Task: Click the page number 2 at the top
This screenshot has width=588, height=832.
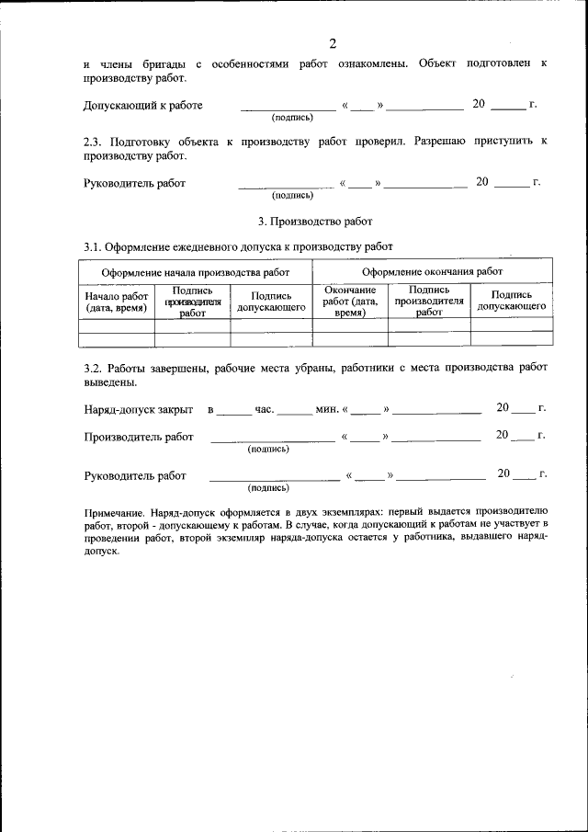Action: [x=333, y=43]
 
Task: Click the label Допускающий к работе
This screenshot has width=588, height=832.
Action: [x=142, y=106]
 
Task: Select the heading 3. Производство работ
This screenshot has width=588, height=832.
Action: [x=315, y=221]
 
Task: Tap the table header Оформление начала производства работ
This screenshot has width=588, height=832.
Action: [x=195, y=272]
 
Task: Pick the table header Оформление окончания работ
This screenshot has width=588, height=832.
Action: [x=432, y=272]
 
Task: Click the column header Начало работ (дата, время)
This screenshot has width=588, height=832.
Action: [x=116, y=302]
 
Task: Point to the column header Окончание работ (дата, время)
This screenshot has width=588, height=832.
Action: [x=350, y=302]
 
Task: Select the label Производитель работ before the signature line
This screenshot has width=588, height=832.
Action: [x=138, y=437]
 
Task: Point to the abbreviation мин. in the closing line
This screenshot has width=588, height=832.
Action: [x=327, y=407]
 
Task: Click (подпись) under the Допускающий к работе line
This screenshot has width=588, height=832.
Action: [x=292, y=118]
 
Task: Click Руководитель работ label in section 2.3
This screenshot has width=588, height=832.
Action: [x=134, y=183]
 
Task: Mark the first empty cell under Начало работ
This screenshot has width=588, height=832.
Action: [x=116, y=325]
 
